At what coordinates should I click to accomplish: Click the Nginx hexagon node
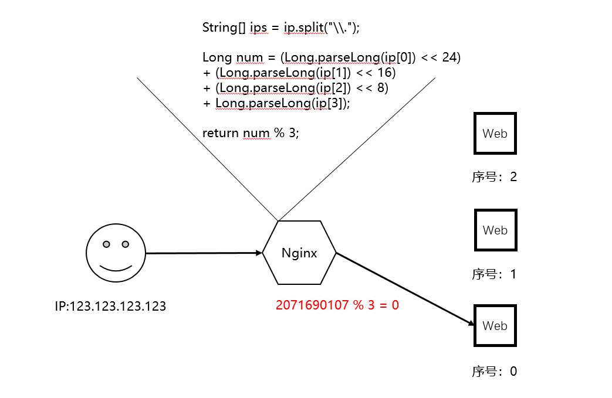299,253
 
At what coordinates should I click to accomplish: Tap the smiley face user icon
115,254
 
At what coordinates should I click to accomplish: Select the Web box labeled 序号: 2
495,134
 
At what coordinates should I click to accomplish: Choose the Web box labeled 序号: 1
495,230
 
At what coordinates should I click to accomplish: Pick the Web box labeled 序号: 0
495,326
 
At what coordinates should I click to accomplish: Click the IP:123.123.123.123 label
110,306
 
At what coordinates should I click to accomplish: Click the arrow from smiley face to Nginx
203,253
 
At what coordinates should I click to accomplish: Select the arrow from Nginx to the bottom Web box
405,288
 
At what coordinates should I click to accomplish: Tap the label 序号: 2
494,176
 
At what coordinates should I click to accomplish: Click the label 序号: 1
494,274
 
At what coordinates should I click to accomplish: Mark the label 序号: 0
494,371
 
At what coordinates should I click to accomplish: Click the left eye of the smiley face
106,244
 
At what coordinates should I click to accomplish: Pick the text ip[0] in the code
397,57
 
